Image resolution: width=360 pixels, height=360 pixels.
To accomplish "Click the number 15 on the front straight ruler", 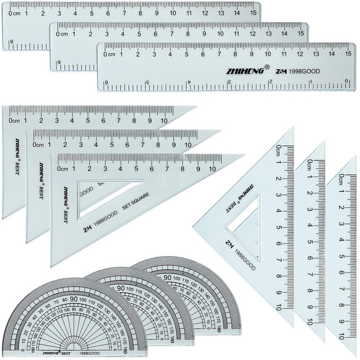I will [x=348, y=54].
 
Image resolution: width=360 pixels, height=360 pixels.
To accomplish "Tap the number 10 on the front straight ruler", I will [x=267, y=54].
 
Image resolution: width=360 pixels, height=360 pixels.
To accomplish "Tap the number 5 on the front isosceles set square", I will [x=279, y=228].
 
